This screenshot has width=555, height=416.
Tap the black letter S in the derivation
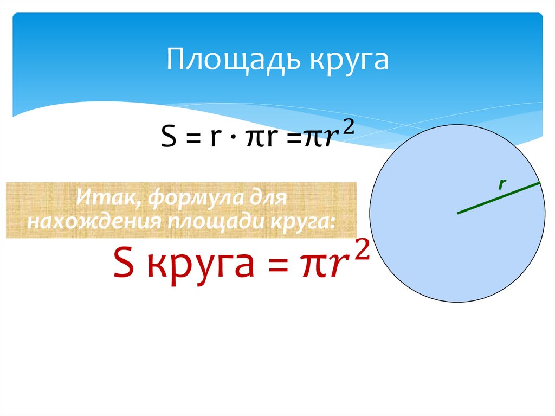(x=169, y=137)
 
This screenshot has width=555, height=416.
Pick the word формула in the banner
(x=196, y=198)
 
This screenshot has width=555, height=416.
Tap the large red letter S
(x=124, y=263)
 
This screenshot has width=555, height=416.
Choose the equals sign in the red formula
(x=278, y=265)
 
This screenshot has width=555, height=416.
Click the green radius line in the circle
(x=499, y=198)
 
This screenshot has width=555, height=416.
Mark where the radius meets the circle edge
(x=540, y=183)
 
